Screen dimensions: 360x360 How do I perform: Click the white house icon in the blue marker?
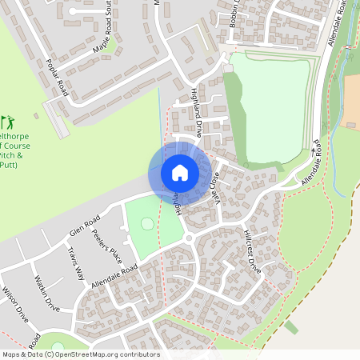click(180, 172)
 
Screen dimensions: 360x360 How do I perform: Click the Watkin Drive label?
click(48, 293)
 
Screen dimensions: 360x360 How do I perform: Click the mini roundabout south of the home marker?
click(188, 238)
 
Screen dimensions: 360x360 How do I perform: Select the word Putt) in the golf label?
click(9, 165)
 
